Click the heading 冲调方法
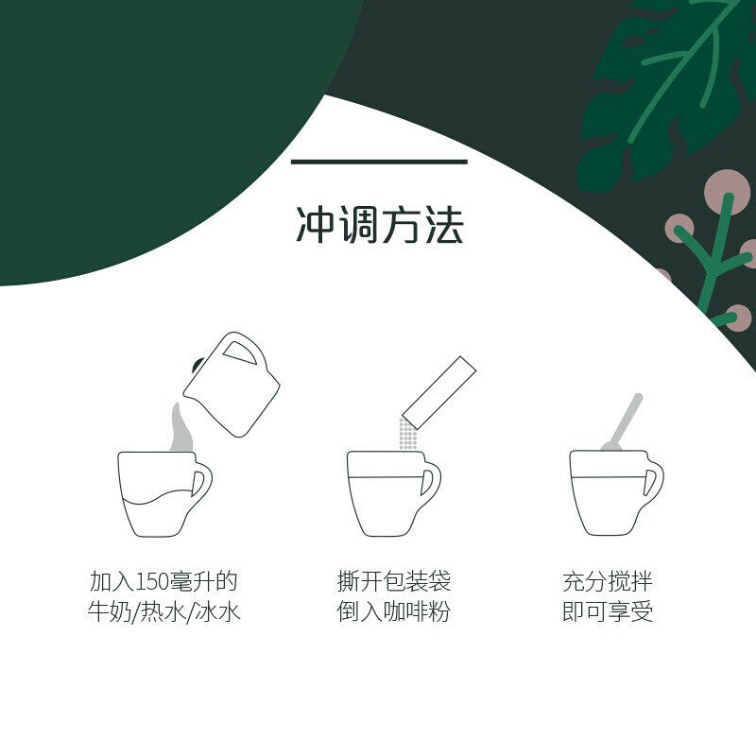(x=380, y=225)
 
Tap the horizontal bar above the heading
(x=379, y=162)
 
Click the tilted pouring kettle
(x=232, y=385)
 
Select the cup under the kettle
(x=164, y=494)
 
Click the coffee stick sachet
(x=438, y=392)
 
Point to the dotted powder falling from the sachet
(x=407, y=435)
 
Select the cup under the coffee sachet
(x=393, y=493)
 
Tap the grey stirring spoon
(x=622, y=422)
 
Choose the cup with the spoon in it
(x=616, y=492)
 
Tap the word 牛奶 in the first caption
(x=109, y=611)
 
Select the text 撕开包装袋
(x=394, y=581)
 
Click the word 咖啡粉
(x=417, y=611)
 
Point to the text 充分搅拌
(x=608, y=581)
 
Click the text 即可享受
(x=608, y=611)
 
